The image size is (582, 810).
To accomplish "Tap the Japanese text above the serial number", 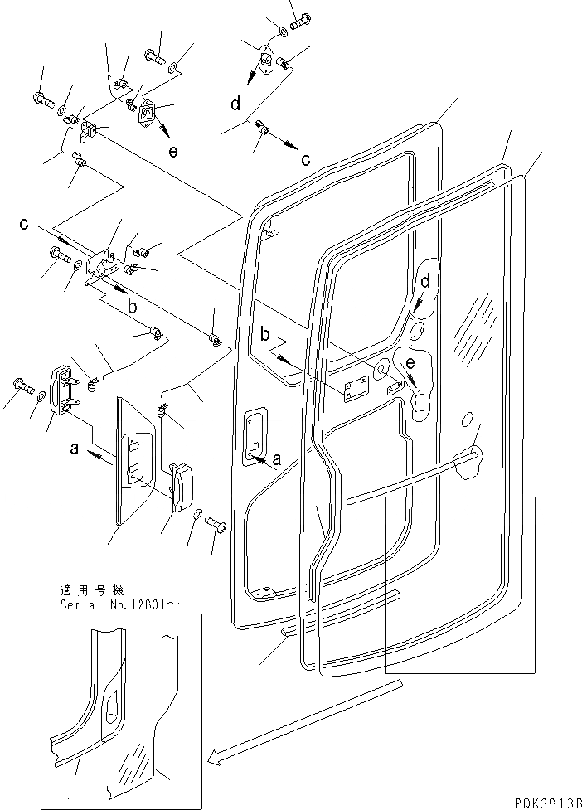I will pos(91,591).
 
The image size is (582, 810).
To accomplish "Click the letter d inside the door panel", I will pos(425,281).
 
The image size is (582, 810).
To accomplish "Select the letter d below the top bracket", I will pos(235,104).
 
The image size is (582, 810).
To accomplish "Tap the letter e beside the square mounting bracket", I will pos(172,151).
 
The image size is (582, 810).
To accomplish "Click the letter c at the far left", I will pos(25,224).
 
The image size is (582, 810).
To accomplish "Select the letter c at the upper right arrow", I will pos(306,159).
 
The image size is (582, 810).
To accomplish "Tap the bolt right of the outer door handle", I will pos(216,524).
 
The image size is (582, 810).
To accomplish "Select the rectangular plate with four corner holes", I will pos(357,389).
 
